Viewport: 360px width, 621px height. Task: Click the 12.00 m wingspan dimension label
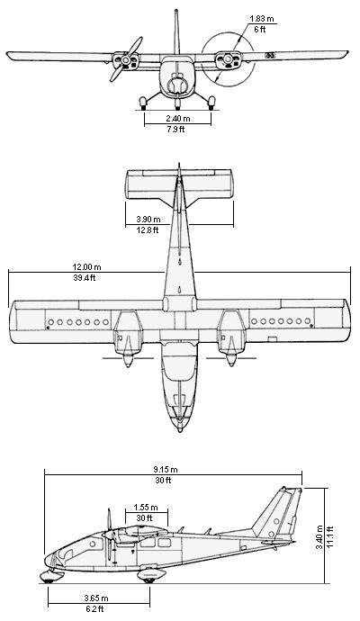86,267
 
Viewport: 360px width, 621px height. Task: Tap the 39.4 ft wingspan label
85,277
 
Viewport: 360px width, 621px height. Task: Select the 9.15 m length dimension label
166,470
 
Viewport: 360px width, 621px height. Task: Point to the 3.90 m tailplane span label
148,220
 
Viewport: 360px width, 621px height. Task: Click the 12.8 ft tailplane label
148,229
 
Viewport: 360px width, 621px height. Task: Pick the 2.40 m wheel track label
178,119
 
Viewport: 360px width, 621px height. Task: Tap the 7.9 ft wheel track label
175,129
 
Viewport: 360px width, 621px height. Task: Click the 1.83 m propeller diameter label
262,19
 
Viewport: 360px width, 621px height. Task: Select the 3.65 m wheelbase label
96,598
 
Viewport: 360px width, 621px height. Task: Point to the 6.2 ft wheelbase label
95,608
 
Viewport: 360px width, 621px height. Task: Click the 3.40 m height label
319,536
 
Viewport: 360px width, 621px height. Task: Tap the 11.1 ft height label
330,536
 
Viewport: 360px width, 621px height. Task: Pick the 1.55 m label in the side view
146,508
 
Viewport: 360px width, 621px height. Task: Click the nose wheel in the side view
49,580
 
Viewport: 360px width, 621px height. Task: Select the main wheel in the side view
149,580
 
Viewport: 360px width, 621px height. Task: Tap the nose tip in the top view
180,430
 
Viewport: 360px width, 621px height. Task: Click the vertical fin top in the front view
176,10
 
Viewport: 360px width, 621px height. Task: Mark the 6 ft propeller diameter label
260,30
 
